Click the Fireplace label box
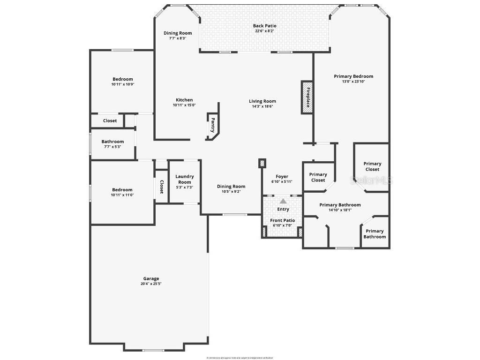307,97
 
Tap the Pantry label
213,125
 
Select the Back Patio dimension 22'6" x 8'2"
264,31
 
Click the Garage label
151,278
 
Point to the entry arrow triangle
283,201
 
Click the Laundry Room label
185,179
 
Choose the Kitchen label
184,100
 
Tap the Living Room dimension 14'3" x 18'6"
262,106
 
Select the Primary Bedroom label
353,76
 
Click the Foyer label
282,177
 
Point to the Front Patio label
283,220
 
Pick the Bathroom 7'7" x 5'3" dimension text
112,147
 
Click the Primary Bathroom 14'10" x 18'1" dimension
340,210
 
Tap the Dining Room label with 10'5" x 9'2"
231,186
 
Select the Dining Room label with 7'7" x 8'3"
178,33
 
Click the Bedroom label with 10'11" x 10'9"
122,79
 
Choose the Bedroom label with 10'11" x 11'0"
122,190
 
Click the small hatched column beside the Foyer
262,163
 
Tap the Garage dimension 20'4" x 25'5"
151,284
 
